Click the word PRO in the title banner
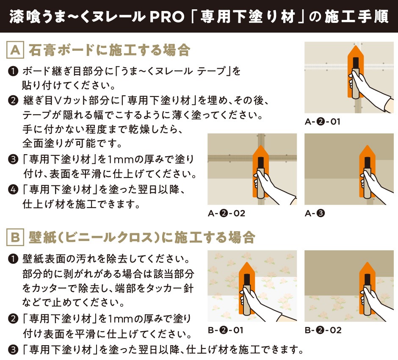tap(167, 17)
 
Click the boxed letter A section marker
tap(15, 50)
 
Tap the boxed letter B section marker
tap(15, 237)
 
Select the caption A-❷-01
tap(322, 122)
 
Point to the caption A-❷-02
tap(227, 213)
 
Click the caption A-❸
tap(315, 213)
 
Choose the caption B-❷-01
tap(225, 330)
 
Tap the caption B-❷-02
tap(323, 330)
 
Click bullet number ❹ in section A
tap(13, 190)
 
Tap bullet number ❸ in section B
tap(13, 350)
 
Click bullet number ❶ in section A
tap(13, 71)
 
